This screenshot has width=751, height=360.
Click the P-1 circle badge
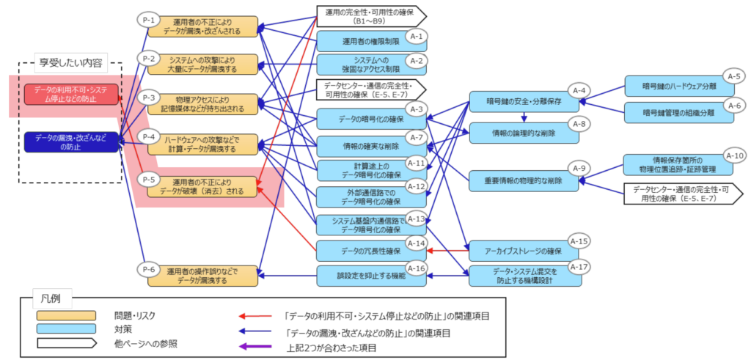click(x=147, y=20)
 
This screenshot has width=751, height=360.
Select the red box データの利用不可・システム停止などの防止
click(x=70, y=93)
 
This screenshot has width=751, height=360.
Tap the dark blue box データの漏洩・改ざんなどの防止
click(x=70, y=142)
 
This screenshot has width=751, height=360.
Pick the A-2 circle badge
click(x=417, y=60)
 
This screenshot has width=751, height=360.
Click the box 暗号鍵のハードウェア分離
click(x=678, y=87)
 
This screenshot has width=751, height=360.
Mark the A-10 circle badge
click(x=734, y=155)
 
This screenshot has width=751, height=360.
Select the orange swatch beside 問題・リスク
click(x=66, y=315)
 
